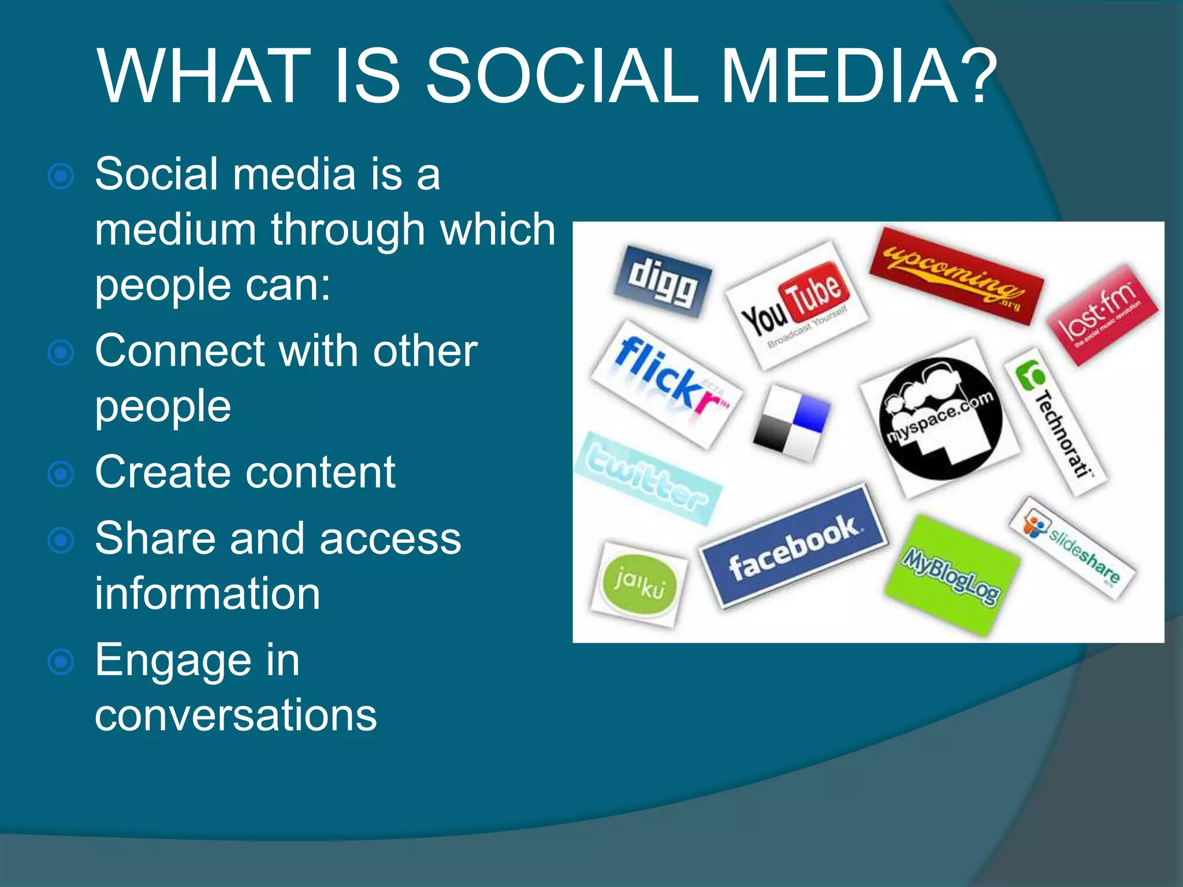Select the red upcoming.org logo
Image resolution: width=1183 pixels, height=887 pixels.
tap(957, 275)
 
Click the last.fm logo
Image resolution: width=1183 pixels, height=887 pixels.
tap(1102, 314)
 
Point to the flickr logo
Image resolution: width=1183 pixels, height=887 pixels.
tap(667, 383)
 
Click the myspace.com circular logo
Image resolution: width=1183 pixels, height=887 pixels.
tap(940, 418)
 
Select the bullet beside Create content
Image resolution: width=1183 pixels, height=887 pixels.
tap(61, 475)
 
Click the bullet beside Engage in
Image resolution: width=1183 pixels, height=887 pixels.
tap(61, 662)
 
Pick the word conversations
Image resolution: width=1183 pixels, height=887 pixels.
tap(236, 715)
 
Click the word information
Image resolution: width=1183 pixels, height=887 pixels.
tap(207, 594)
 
